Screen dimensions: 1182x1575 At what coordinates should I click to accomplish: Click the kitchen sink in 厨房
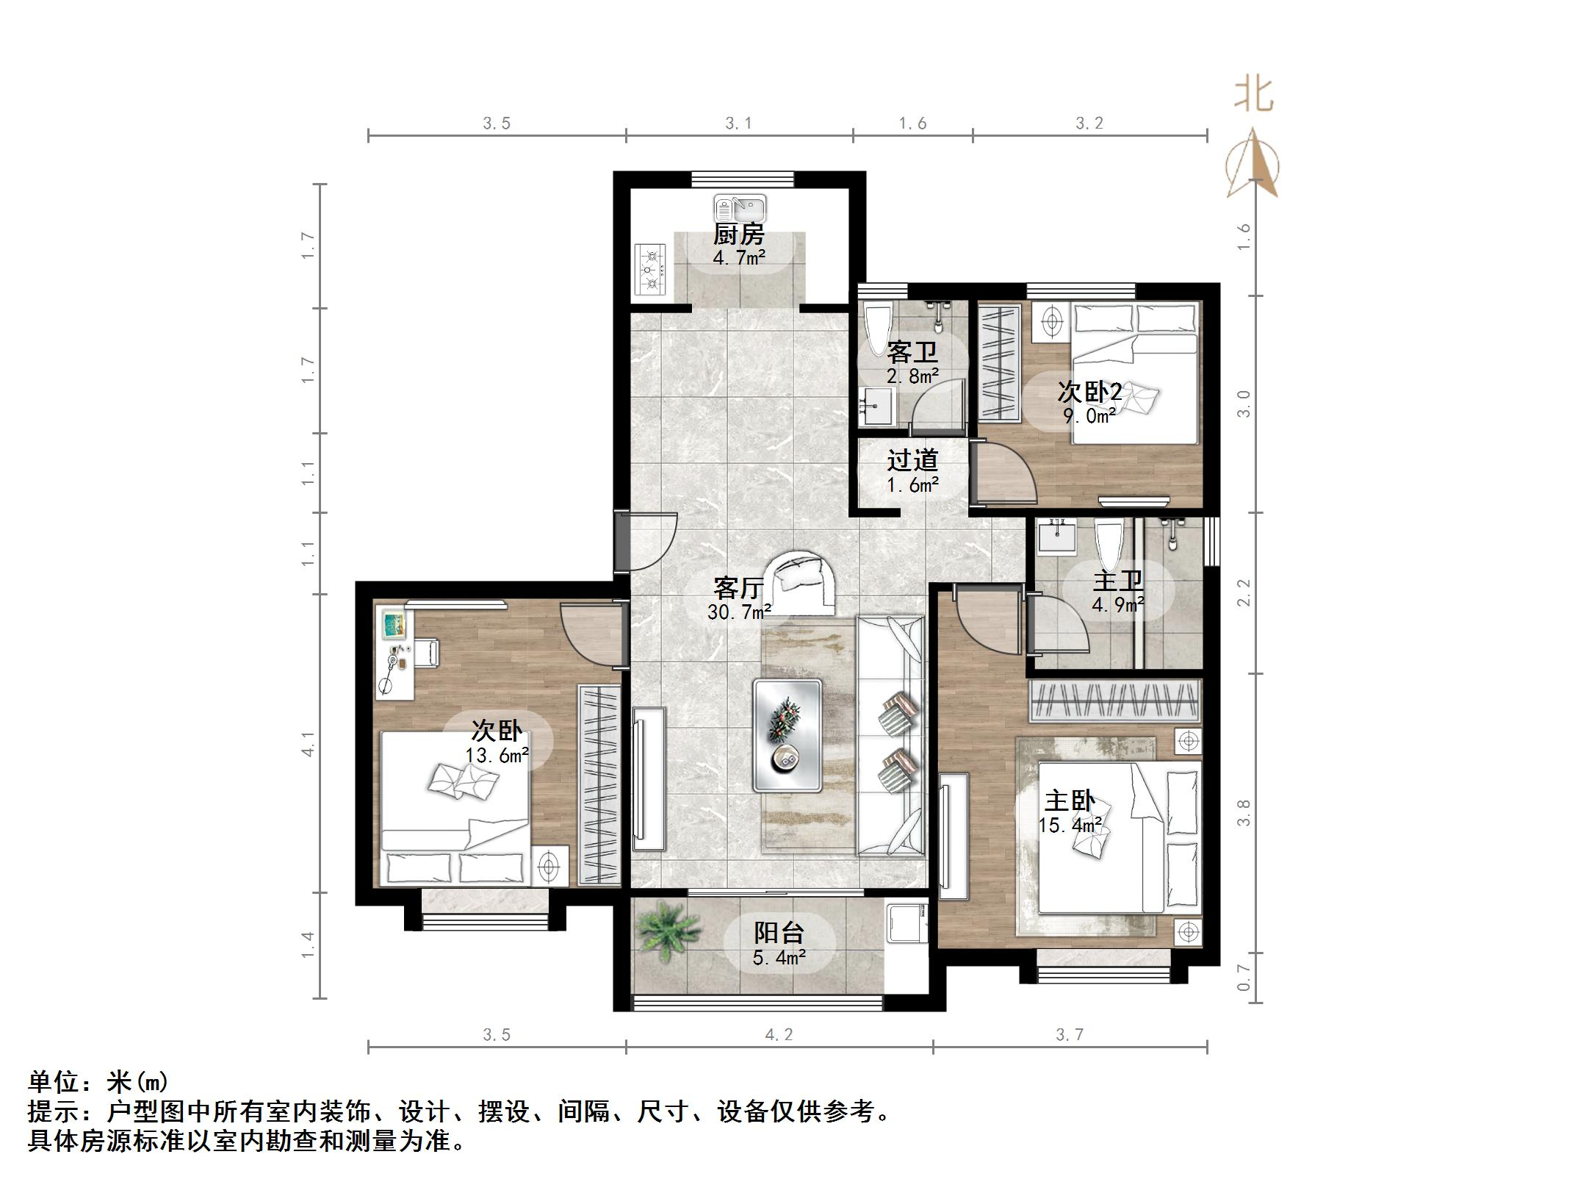pos(740,208)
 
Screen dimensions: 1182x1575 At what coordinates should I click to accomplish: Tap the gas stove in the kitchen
pos(651,270)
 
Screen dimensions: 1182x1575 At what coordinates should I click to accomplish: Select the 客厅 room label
pos(738,588)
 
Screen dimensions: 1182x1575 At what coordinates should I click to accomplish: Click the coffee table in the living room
pos(787,735)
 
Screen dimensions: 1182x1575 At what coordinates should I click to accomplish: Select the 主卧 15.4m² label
pos(1070,812)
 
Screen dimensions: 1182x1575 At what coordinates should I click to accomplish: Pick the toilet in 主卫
pos(1109,542)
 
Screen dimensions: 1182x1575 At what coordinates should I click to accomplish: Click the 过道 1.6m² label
pos(912,471)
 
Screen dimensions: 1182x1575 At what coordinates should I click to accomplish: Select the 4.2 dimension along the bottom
pos(779,1035)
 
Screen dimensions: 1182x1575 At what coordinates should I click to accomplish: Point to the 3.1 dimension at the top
pos(739,123)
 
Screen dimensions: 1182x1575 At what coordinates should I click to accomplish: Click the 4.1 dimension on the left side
pos(308,743)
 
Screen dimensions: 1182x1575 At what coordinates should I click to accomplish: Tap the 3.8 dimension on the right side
pos(1243,812)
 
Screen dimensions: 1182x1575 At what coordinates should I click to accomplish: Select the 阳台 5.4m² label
pos(779,944)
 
